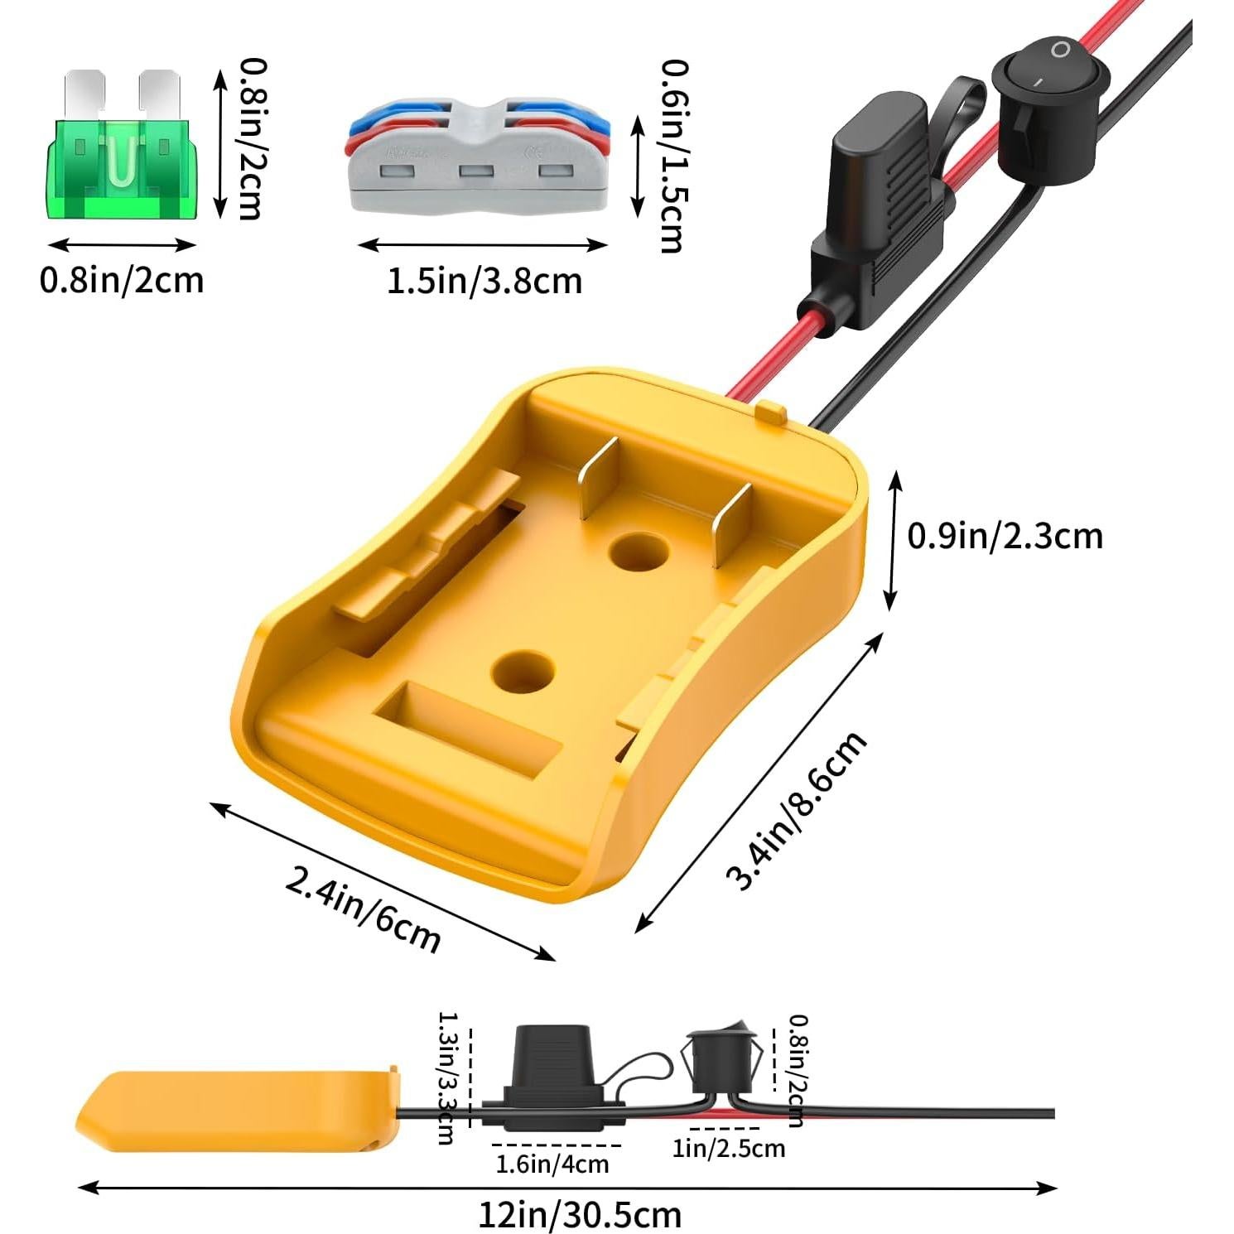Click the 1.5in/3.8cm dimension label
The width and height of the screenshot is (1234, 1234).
(x=484, y=282)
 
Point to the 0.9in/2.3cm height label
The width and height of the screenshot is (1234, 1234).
(x=1005, y=536)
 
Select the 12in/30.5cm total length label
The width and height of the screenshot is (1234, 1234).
(x=580, y=1215)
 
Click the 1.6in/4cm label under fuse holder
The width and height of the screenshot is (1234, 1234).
(x=552, y=1164)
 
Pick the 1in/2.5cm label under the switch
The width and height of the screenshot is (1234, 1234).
(x=728, y=1148)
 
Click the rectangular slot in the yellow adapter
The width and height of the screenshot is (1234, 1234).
(x=469, y=729)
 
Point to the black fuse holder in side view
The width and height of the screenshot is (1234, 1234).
(x=553, y=1077)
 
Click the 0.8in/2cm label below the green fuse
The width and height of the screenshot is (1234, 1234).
(x=122, y=280)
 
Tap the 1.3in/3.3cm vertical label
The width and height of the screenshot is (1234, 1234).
(x=446, y=1077)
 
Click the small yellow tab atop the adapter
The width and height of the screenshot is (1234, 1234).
(x=771, y=412)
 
